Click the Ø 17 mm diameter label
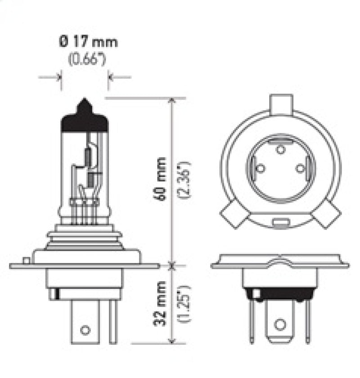[x=88, y=43]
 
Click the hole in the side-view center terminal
[x=85, y=330]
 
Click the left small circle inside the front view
[x=260, y=169]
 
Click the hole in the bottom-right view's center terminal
[x=280, y=323]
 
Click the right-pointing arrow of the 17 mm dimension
[x=59, y=77]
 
